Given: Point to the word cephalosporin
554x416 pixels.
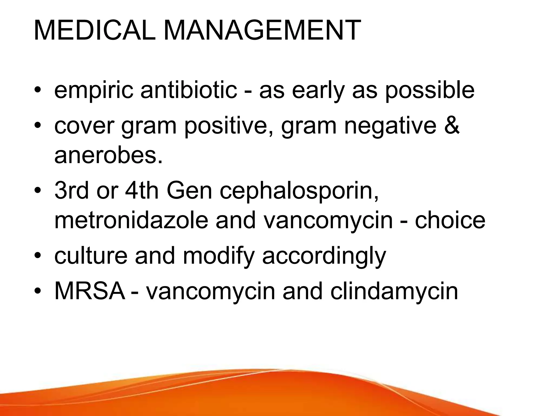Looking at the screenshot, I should coord(299,191).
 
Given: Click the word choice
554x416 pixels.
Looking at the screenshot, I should coord(450,220).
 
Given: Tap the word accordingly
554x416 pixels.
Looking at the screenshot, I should coord(324,256).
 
